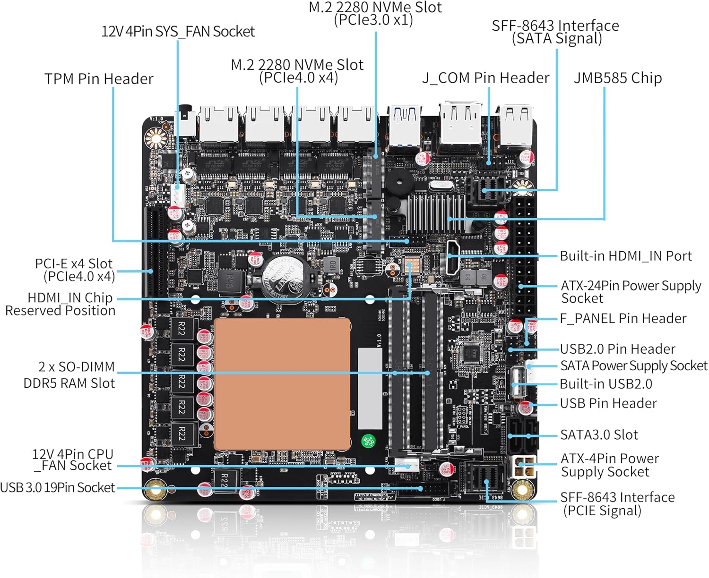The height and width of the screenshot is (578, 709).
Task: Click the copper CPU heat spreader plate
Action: click(x=282, y=384)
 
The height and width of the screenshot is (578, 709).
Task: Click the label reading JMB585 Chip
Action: click(x=617, y=78)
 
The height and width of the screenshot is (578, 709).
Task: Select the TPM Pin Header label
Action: click(x=99, y=79)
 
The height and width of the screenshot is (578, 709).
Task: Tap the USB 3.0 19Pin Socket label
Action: click(x=58, y=487)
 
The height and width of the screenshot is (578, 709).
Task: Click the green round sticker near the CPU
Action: click(x=368, y=441)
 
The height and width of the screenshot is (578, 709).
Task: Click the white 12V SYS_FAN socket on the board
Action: click(x=178, y=195)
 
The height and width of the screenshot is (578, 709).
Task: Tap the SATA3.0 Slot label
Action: click(x=599, y=434)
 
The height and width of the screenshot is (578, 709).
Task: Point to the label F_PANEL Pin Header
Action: click(x=623, y=318)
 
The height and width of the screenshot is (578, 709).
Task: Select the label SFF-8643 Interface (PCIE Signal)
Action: click(x=617, y=503)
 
